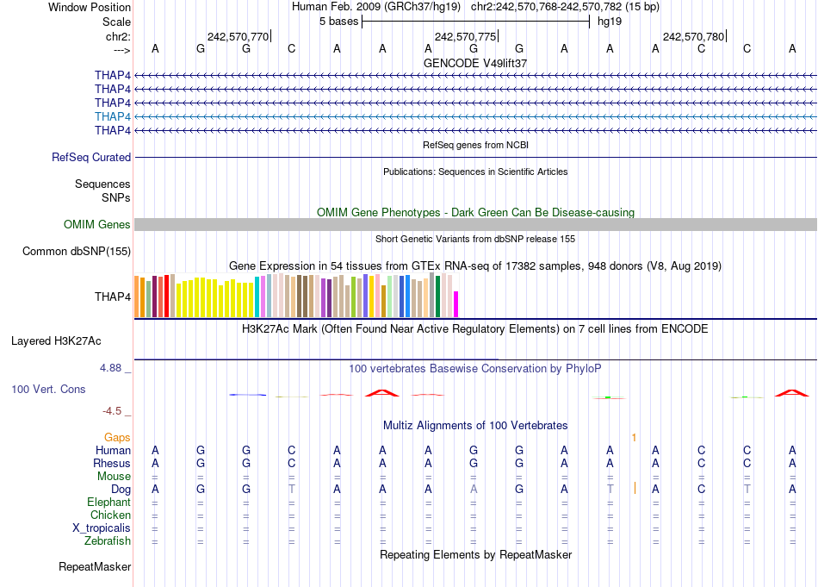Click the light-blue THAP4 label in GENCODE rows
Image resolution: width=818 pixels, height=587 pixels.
point(113,116)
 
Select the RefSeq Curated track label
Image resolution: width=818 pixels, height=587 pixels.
point(91,158)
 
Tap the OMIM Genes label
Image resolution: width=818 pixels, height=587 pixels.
point(97,225)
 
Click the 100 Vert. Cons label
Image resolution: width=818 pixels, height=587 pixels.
point(48,390)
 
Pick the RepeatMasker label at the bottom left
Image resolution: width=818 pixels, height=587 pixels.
point(95,567)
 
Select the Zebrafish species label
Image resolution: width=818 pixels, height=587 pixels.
point(108,541)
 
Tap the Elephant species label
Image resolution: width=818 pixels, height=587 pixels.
point(108,503)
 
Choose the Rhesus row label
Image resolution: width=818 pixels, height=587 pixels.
point(112,464)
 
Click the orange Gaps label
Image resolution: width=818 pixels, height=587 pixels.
point(118,438)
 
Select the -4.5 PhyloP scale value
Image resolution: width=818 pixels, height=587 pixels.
point(115,411)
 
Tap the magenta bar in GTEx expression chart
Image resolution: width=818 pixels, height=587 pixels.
point(456,304)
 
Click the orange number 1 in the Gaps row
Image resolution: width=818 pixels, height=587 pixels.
point(634,438)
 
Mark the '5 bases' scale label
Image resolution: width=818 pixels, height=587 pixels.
point(336,21)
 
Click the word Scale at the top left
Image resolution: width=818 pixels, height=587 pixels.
point(116,22)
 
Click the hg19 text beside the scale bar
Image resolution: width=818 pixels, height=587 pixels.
point(609,21)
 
